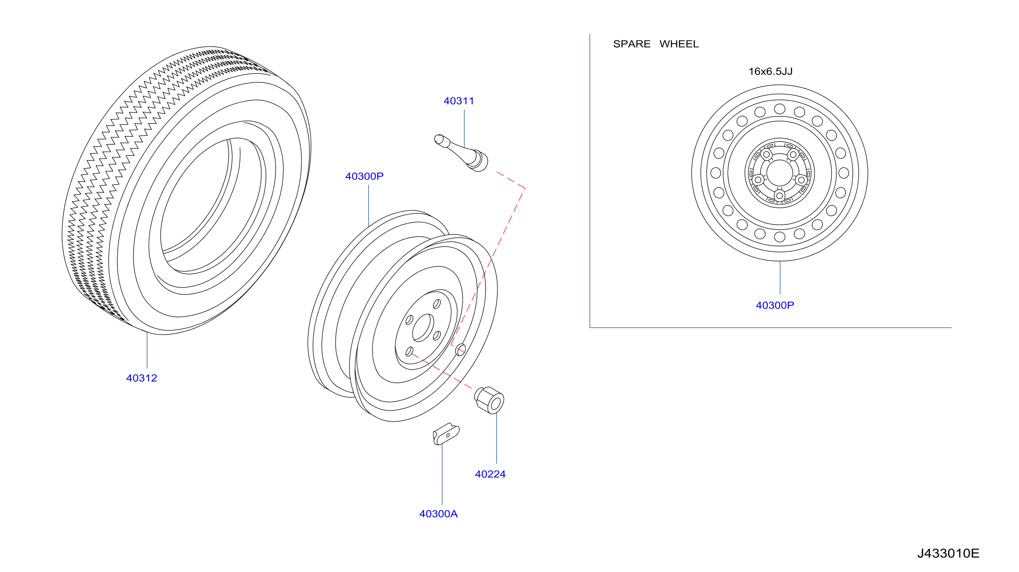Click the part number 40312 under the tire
click(142, 378)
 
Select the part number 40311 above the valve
click(458, 101)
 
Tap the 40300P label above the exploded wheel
click(364, 176)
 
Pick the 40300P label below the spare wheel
click(774, 305)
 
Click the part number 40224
click(490, 474)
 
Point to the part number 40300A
click(438, 513)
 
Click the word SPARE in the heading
click(632, 44)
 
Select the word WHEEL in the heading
click(679, 44)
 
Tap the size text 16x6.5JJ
click(770, 71)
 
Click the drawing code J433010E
click(948, 553)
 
